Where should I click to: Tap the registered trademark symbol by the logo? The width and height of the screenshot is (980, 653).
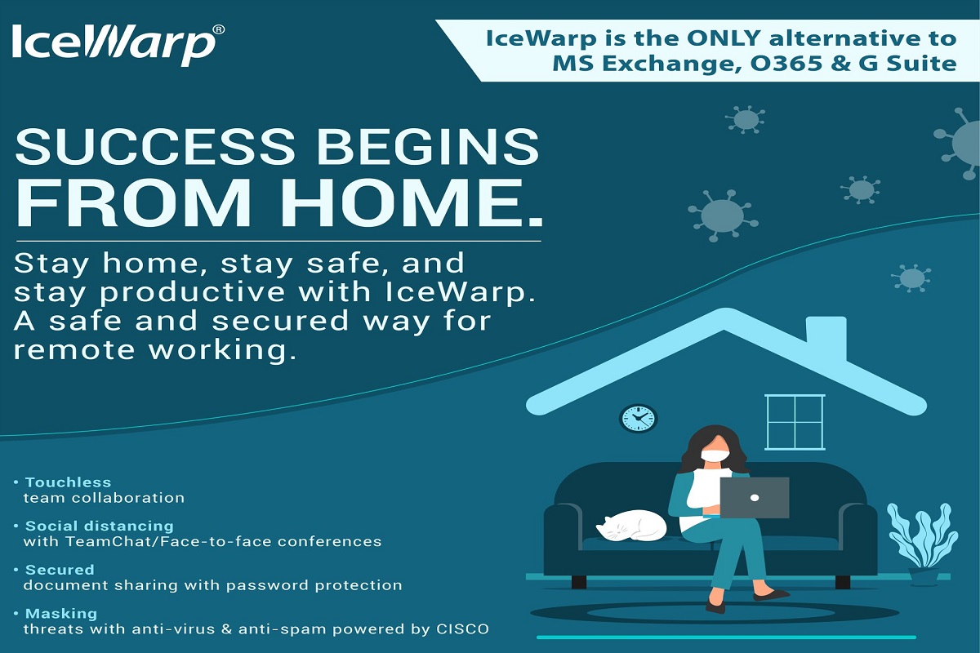(x=219, y=29)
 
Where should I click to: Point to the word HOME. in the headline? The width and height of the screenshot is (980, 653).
(x=416, y=202)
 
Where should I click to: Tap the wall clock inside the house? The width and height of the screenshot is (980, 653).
(x=639, y=418)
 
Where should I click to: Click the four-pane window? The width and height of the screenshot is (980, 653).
(x=795, y=422)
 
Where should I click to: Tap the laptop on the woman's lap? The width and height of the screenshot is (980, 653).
(x=755, y=498)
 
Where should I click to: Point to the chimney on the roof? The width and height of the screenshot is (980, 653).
(x=826, y=339)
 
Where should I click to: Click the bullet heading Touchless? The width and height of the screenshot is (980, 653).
(x=69, y=482)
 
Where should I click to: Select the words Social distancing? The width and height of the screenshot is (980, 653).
(x=100, y=526)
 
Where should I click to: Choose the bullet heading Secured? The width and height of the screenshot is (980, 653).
(x=60, y=570)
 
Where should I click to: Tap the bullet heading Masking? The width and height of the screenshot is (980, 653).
(x=61, y=614)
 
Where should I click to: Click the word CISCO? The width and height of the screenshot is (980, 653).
(x=462, y=629)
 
